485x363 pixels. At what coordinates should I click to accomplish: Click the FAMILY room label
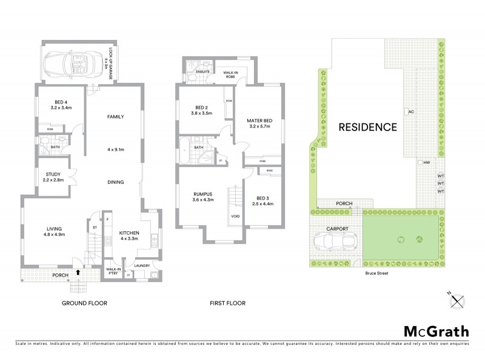[115, 116]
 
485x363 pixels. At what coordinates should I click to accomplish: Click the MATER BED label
[259, 121]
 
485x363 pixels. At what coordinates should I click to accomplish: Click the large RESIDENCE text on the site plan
[367, 128]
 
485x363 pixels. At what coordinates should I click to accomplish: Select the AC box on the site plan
[409, 112]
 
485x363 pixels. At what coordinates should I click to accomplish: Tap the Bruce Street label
[377, 273]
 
